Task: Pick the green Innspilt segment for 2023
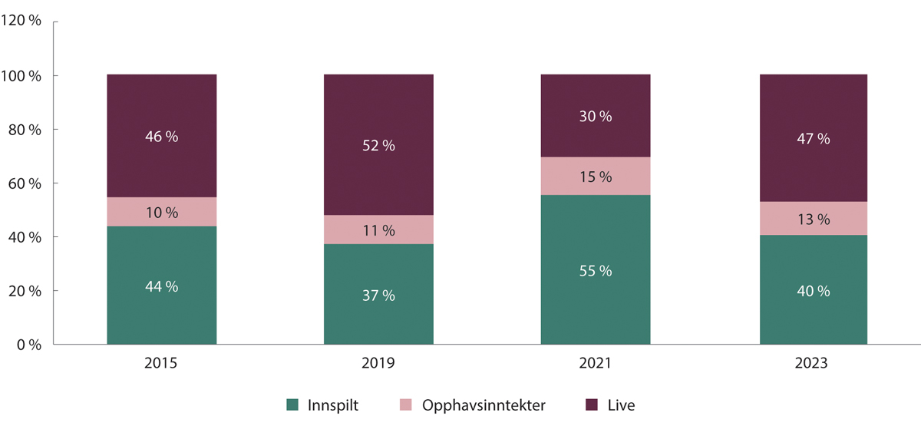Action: click(x=814, y=322)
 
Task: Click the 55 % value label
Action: click(x=596, y=271)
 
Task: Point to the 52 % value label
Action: click(x=378, y=146)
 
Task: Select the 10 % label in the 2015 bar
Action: click(x=161, y=212)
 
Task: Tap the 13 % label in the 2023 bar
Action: click(x=814, y=220)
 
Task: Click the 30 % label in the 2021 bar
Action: click(x=596, y=117)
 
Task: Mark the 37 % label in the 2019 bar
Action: click(x=378, y=296)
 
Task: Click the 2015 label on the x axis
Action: click(x=161, y=363)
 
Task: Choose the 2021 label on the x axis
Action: click(x=596, y=363)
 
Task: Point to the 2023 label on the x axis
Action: click(x=814, y=363)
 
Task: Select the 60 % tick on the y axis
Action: click(x=25, y=183)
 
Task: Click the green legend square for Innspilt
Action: click(x=292, y=405)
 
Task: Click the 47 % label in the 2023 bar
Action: click(x=814, y=139)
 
